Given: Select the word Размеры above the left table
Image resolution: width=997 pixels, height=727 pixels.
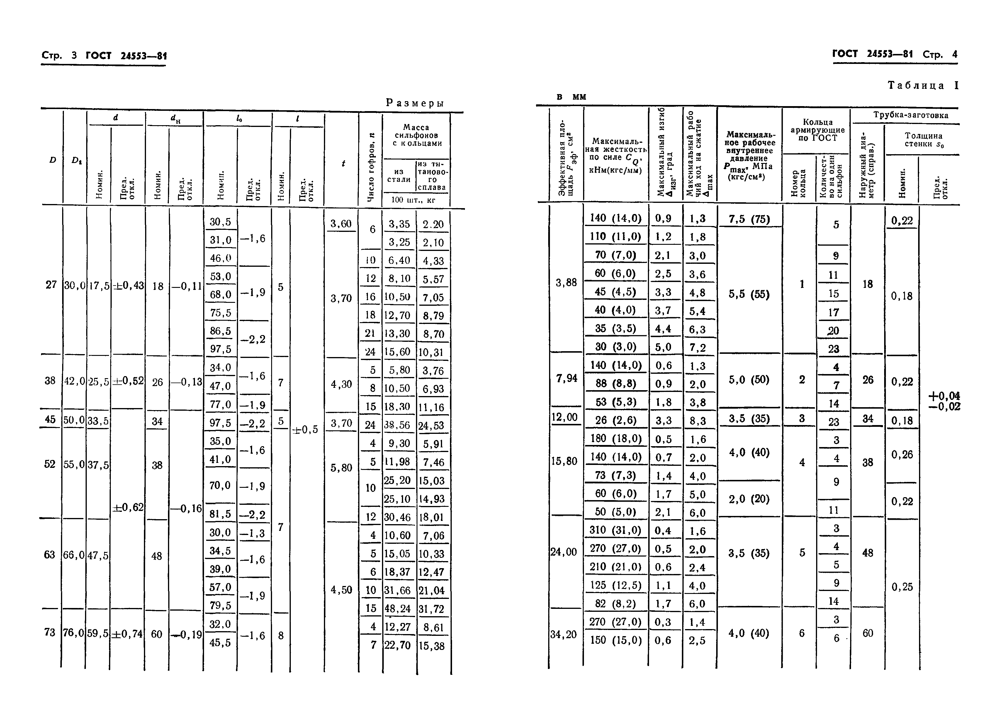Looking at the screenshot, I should tap(415, 103).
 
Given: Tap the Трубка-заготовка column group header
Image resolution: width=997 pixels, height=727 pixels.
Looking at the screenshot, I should tap(910, 115).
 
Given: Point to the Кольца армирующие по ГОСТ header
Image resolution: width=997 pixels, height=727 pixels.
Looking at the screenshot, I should tap(817, 130).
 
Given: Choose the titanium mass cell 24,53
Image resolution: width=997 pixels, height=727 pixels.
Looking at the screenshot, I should tap(432, 426).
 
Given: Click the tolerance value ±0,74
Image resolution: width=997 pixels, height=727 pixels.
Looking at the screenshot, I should tap(128, 634).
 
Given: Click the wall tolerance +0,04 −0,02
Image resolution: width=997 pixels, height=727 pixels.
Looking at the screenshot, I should tap(944, 401).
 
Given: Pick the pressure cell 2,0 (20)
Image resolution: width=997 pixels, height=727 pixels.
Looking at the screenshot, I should tap(749, 499).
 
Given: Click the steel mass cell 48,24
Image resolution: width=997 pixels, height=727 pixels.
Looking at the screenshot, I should tap(397, 609).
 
